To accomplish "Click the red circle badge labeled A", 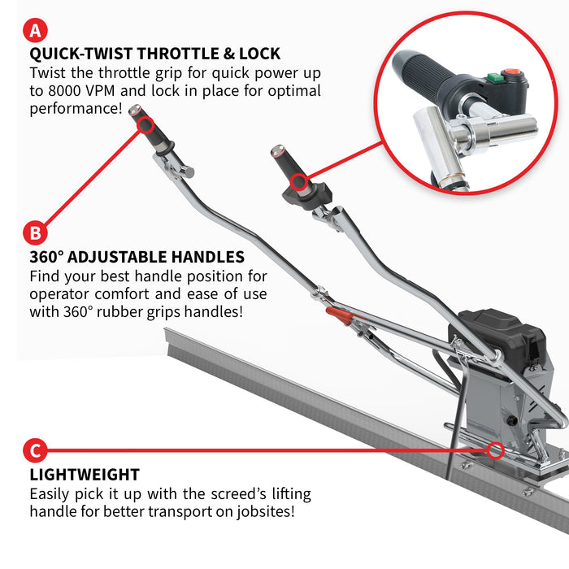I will click(x=34, y=32).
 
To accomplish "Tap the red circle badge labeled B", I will click(x=34, y=233).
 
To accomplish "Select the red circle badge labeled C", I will click(x=34, y=450).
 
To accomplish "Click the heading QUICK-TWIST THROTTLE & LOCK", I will click(x=154, y=54).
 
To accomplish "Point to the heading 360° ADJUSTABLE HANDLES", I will click(x=137, y=257).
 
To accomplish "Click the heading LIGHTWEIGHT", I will click(x=85, y=475).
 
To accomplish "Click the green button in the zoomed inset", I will click(x=493, y=79).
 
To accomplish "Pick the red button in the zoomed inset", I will click(x=512, y=74).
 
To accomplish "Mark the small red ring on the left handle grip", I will click(x=146, y=124).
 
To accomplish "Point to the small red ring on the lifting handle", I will click(x=496, y=449).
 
